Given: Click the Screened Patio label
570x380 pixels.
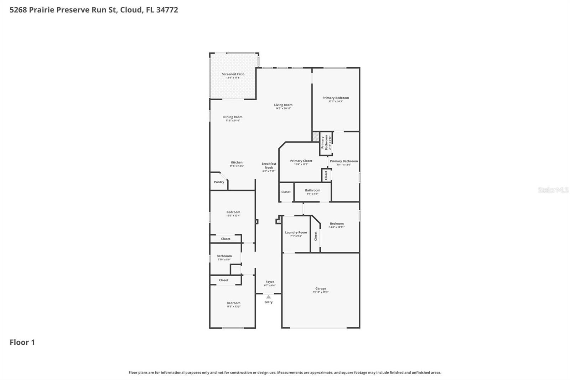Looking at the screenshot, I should [233, 74].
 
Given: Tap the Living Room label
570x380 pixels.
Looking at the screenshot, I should [283, 105].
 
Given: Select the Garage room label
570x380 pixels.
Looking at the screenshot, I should [321, 288].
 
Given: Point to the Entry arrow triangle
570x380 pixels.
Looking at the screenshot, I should [268, 297].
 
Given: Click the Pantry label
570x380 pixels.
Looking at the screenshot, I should [219, 182].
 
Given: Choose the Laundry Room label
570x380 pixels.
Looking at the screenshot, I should [296, 232].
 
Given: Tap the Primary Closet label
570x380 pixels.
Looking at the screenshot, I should [301, 161].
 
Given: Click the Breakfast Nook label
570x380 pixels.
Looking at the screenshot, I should [269, 166].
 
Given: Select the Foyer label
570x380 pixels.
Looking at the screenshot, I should [270, 282].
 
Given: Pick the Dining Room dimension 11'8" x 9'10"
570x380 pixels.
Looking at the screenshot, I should [233, 120].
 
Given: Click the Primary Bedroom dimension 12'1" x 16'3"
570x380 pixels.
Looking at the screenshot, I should [336, 101].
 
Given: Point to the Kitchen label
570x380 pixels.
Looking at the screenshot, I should [237, 162].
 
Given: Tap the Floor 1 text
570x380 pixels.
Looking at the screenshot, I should [22, 342].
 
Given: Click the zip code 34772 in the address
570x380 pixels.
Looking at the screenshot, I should [167, 10].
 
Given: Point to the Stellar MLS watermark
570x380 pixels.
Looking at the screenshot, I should [553, 190].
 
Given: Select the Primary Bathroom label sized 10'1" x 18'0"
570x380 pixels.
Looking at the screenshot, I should [344, 161].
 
